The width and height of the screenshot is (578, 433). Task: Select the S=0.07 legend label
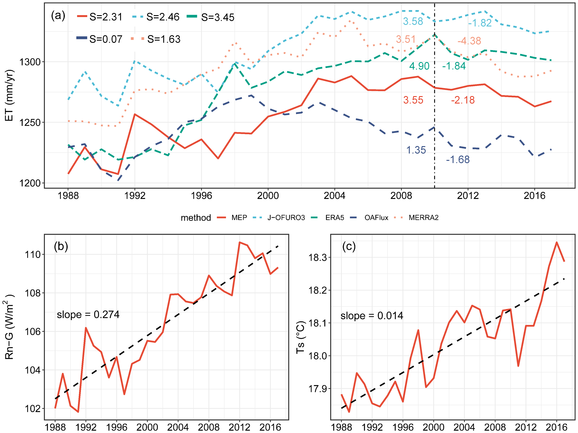(106, 39)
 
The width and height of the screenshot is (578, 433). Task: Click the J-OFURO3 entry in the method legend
(286, 218)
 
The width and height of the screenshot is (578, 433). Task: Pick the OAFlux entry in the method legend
(376, 218)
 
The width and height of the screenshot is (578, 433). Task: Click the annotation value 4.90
(419, 66)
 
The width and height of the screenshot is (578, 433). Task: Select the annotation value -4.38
(469, 41)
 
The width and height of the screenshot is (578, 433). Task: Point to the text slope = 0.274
(88, 314)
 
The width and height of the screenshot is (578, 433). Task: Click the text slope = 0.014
(372, 316)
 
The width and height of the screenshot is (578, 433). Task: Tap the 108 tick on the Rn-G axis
(33, 293)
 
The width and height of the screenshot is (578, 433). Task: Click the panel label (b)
(61, 246)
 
